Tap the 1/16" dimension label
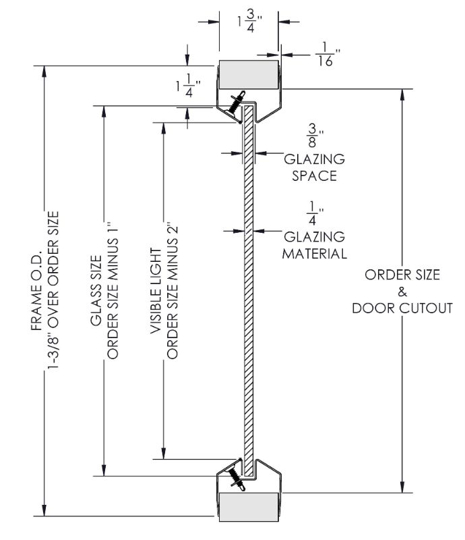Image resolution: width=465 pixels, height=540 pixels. tap(328, 53)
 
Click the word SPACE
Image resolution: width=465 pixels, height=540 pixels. tap(314, 176)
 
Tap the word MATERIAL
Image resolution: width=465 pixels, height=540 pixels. tap(314, 254)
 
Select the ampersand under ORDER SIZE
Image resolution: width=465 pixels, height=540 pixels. tap(402, 292)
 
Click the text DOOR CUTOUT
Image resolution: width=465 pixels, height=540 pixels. tap(402, 308)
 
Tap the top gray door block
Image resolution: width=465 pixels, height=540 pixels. tap(248, 74)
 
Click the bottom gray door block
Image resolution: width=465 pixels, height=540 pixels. tap(248, 506)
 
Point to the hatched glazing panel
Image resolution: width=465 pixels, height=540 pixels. tap(248, 290)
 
